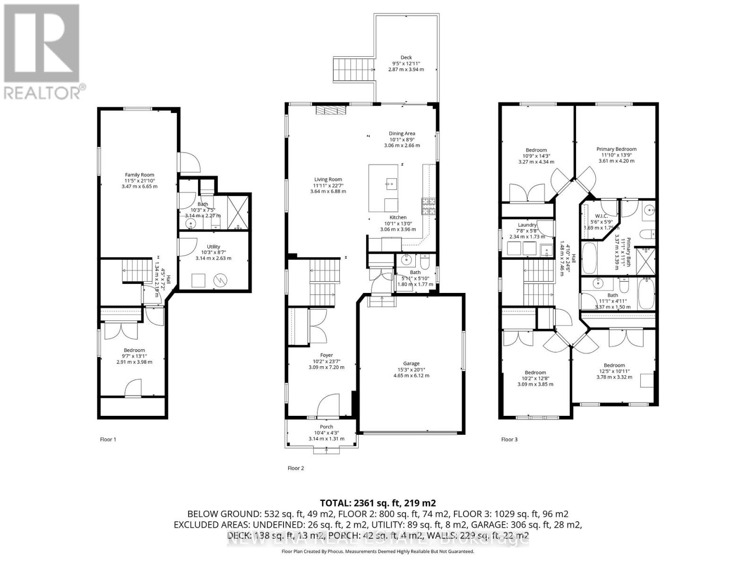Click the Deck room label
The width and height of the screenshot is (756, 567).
coord(406,58)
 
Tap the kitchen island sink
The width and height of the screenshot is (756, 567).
coord(390,183)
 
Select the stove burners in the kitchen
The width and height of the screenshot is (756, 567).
coord(429,206)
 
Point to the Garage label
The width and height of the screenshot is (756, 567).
coord(411,363)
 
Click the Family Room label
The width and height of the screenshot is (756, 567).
coord(139,175)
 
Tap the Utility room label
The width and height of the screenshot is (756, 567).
coord(214,247)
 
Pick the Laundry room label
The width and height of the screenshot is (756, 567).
coord(527,225)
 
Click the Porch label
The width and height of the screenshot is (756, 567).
coord(326,427)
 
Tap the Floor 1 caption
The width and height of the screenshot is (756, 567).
coord(108,439)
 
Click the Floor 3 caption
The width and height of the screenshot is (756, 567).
coord(509,439)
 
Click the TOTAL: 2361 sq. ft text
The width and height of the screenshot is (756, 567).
coord(378,503)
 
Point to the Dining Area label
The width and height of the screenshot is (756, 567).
coord(402,134)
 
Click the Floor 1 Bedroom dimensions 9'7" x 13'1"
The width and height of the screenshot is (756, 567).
coord(135,356)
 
